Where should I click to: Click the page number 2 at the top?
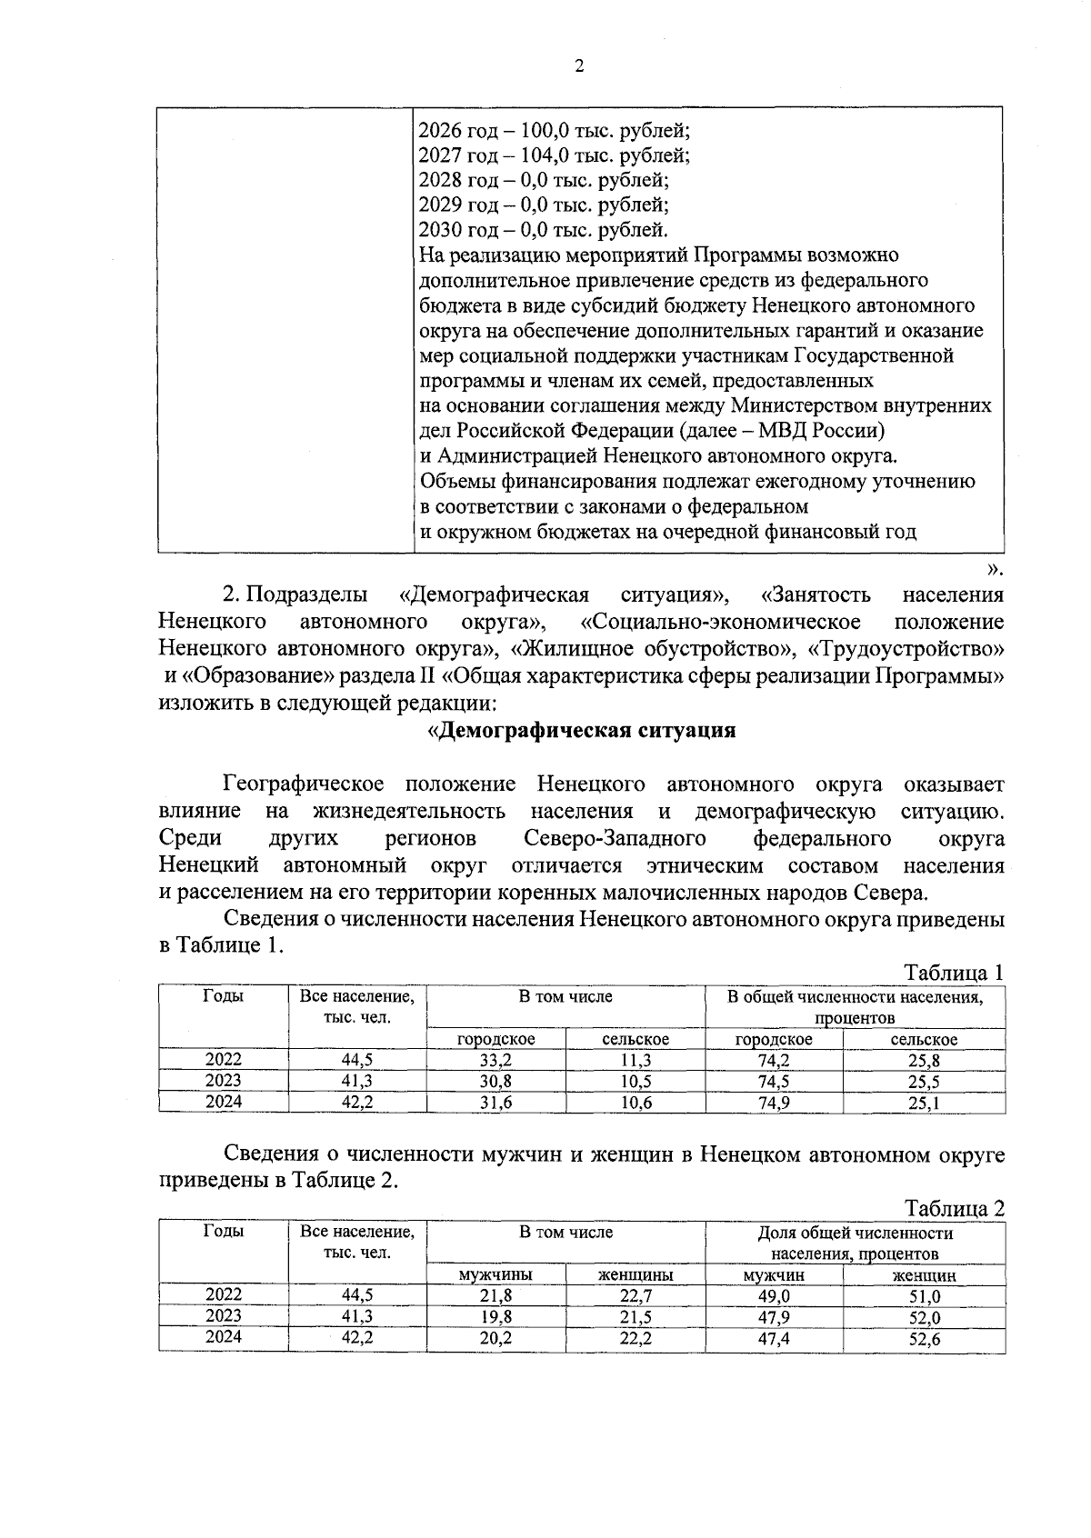pos(578,65)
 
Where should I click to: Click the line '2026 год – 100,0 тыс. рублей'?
pos(555,131)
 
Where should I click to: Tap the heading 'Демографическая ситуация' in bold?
pos(582,731)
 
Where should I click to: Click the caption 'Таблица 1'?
pos(954,973)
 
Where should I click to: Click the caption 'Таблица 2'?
pos(954,1209)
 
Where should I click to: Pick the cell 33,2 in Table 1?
pos(495,1060)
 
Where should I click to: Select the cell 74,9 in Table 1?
pos(774,1103)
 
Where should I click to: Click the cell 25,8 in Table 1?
pos(924,1060)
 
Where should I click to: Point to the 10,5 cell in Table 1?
pos(636,1082)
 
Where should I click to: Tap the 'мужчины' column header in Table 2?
pos(495,1275)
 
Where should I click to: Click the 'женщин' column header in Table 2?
pos(924,1275)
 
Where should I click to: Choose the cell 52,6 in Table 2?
pos(924,1339)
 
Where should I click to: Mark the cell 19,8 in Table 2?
pos(495,1317)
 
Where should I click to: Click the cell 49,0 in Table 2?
pos(774,1296)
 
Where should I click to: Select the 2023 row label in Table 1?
pos(224,1081)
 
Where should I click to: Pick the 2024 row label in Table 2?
pos(224,1338)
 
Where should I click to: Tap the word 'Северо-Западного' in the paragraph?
pos(616,837)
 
